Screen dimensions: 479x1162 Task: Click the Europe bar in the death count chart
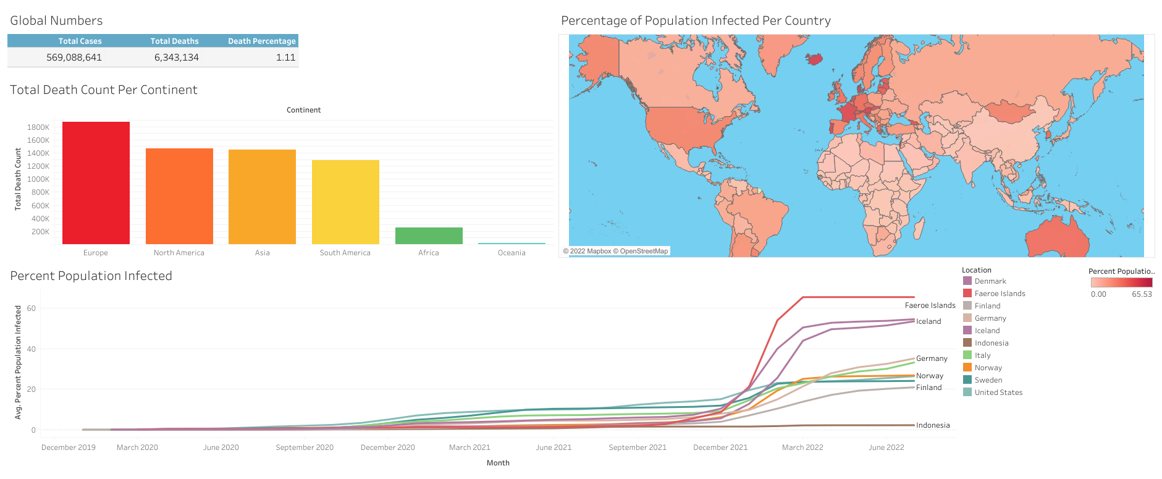96,183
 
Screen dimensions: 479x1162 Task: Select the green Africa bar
429,235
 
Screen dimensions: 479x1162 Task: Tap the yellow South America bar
345,202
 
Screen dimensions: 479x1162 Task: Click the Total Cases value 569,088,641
74,57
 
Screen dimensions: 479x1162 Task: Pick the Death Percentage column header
262,41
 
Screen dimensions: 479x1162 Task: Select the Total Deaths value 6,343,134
177,57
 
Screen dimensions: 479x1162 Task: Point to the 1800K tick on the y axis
38,127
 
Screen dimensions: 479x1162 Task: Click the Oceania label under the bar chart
512,253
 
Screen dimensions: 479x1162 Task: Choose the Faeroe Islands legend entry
1000,294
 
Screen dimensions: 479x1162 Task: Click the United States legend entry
998,392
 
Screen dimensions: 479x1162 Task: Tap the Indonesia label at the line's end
933,425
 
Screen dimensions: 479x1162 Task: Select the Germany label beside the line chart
932,358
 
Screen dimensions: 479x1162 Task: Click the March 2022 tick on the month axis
802,447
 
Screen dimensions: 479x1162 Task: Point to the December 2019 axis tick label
69,447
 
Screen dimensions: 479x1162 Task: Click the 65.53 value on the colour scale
1142,294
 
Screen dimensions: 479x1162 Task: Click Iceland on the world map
815,59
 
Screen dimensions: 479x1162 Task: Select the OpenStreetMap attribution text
644,251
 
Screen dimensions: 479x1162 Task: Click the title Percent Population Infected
91,276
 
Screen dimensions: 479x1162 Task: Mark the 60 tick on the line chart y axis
32,308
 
